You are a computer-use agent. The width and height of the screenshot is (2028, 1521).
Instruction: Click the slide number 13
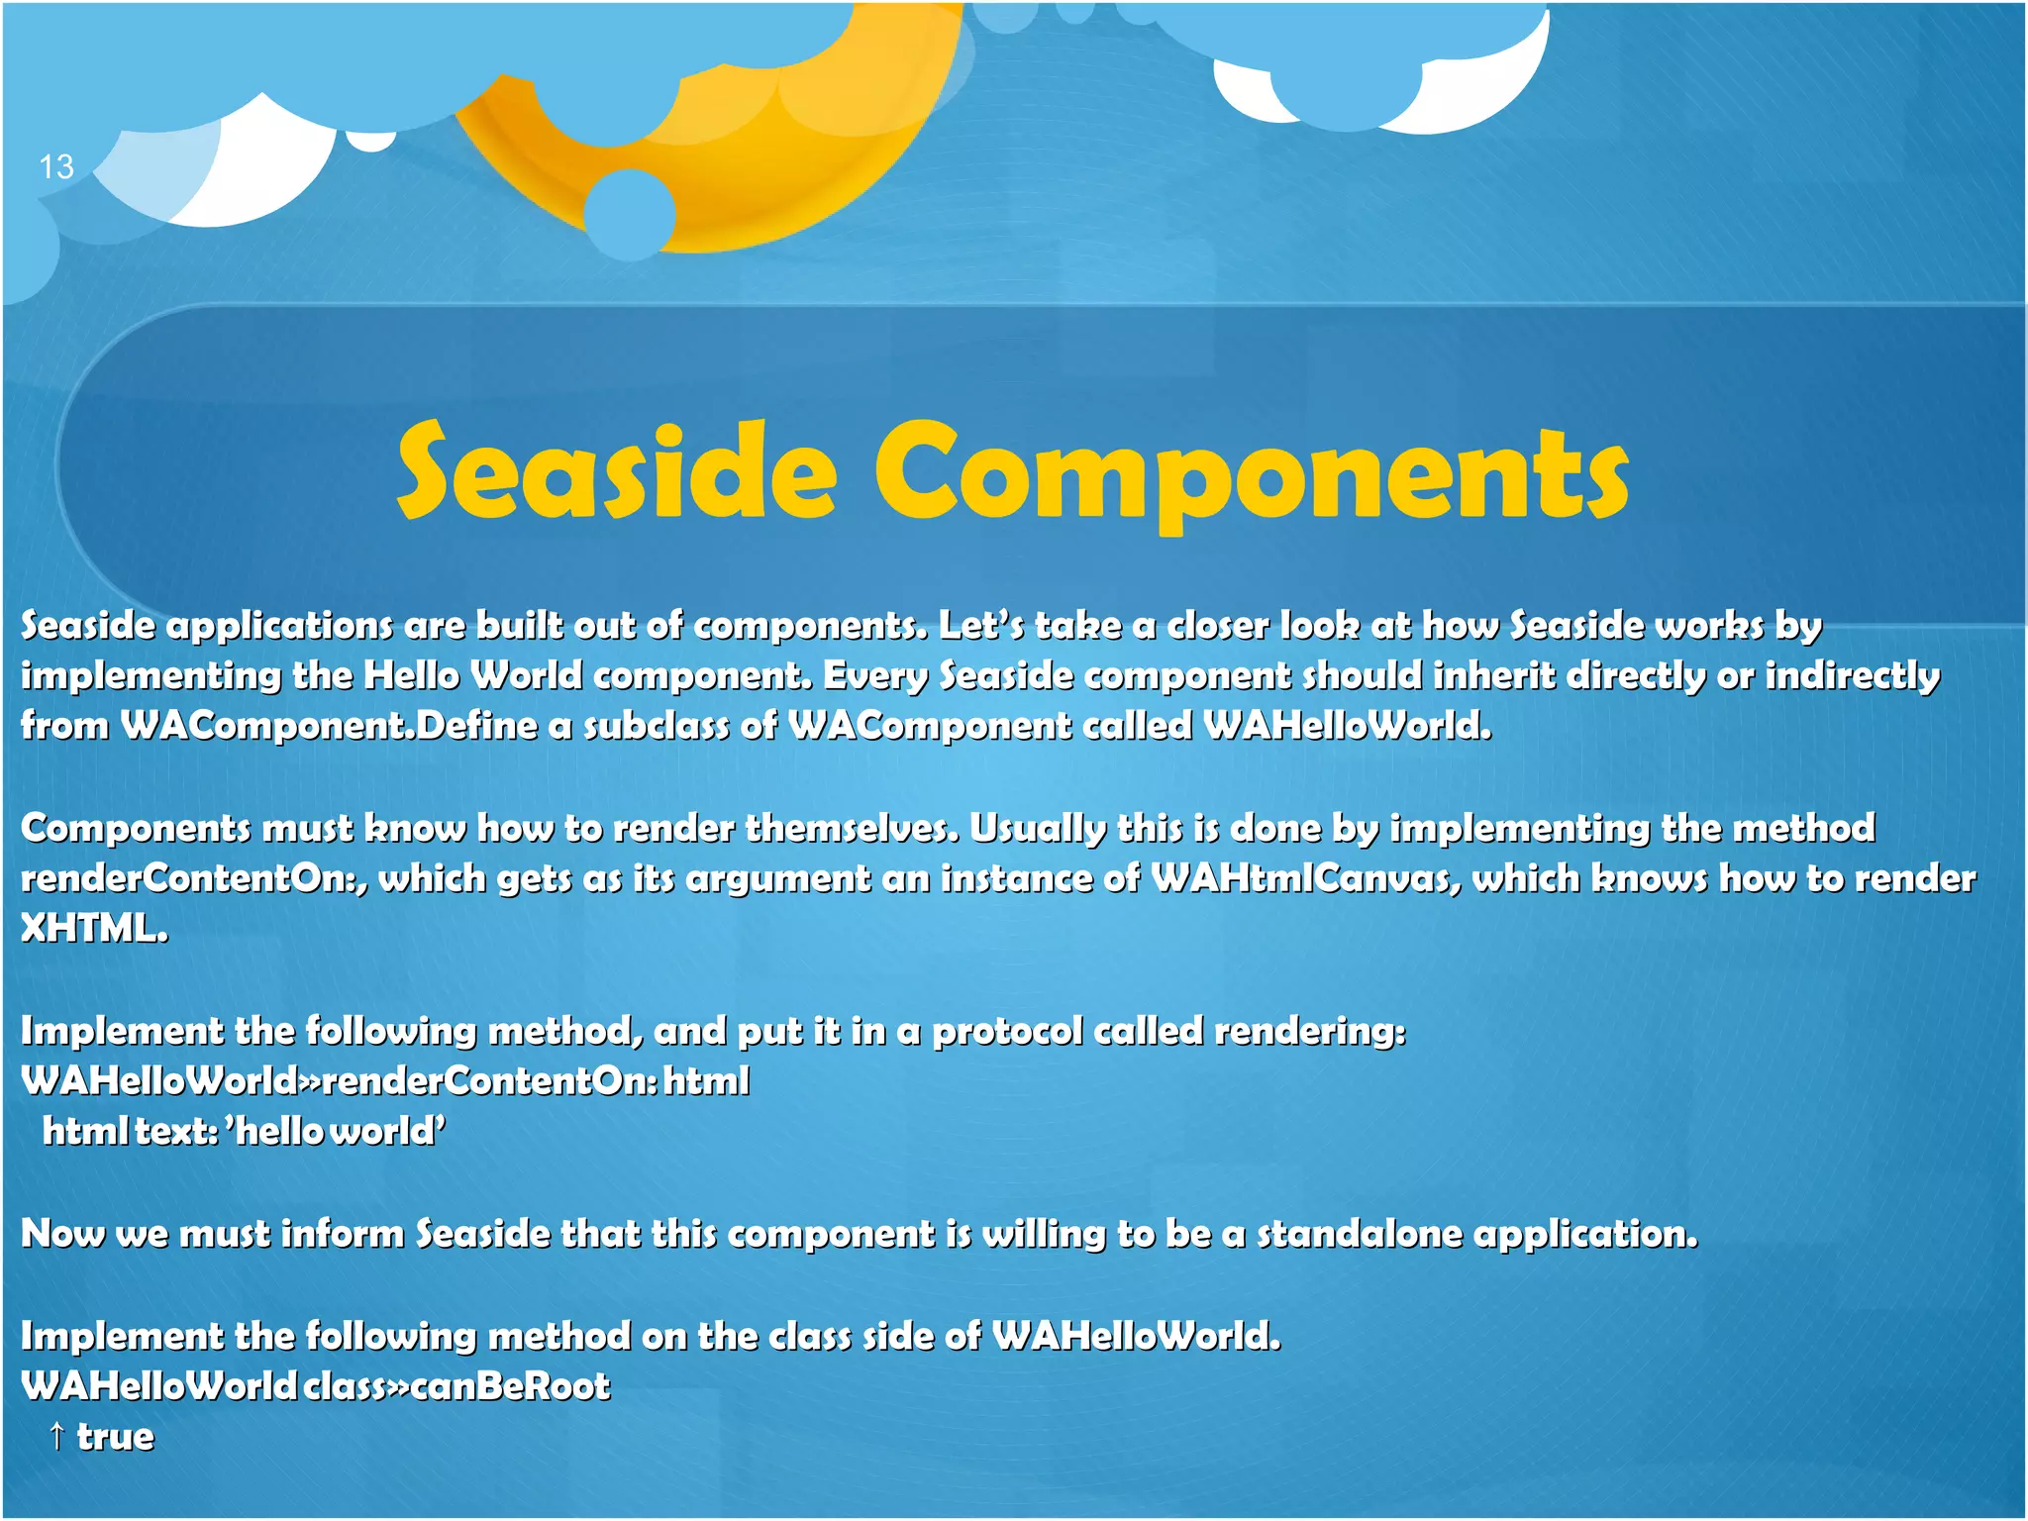pos(56,166)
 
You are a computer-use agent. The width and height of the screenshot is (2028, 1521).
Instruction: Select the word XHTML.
pos(94,929)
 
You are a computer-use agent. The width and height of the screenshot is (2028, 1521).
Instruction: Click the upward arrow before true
pos(57,1436)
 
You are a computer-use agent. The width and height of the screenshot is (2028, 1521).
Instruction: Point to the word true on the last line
pos(116,1437)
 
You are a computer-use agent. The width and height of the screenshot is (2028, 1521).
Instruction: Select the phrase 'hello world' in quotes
pos(337,1131)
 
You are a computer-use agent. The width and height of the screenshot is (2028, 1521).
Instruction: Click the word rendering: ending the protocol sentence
pos(1309,1031)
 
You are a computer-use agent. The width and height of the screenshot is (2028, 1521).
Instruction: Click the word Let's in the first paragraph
pos(980,625)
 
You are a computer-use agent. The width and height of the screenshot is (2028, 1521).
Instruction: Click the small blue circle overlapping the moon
pos(630,214)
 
